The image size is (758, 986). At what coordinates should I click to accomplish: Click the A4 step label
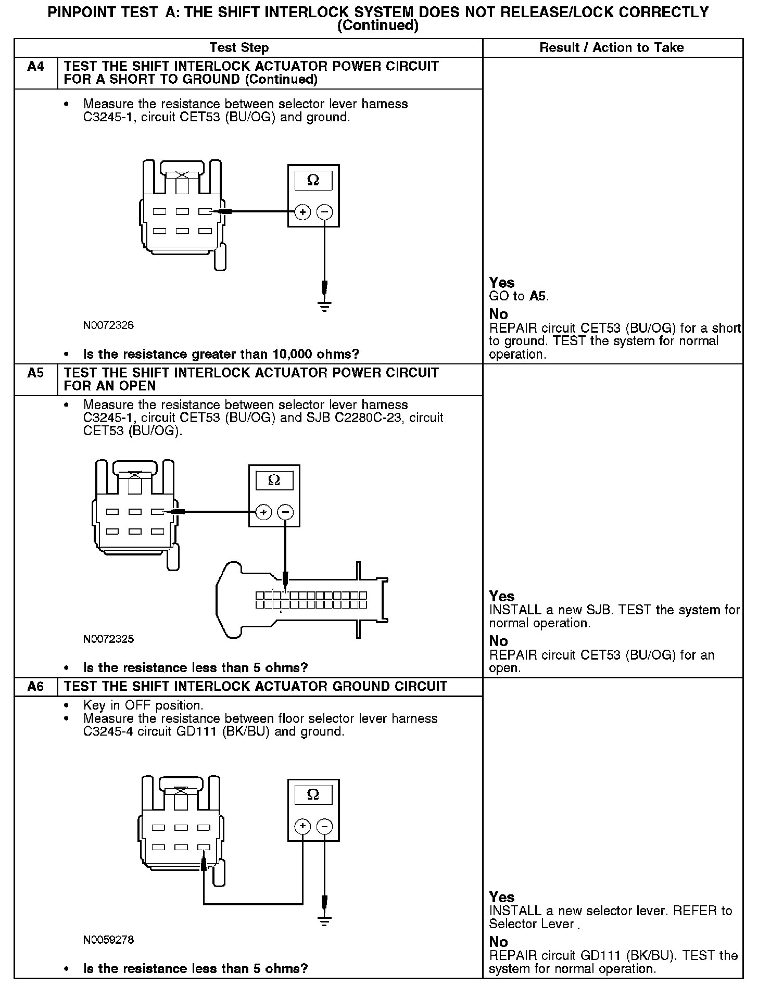pos(35,67)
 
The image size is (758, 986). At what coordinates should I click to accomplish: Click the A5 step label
pos(35,373)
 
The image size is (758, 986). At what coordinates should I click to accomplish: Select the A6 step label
pos(35,686)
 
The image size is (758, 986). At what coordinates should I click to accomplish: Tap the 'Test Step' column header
pos(239,48)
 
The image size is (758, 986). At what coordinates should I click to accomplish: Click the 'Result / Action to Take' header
pos(611,48)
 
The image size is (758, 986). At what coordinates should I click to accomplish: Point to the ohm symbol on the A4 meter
pos(313,181)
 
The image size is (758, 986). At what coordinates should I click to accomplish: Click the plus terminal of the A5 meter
pos(264,512)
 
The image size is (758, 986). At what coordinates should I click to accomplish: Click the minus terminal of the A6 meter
pos(324,826)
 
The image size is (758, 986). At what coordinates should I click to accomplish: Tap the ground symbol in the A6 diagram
pos(324,921)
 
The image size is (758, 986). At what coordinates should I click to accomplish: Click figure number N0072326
pos(108,325)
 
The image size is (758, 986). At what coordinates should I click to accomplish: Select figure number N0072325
pos(108,639)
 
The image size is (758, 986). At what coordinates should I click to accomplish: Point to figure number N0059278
pos(108,940)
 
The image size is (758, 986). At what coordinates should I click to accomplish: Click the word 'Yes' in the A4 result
pos(502,283)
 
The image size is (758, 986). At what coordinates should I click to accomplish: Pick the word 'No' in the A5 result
pos(498,641)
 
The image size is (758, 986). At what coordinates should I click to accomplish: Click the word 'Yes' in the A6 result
pos(502,897)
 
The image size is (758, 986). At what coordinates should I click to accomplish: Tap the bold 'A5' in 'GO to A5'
pos(538,297)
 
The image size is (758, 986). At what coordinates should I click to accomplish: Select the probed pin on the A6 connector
pos(204,848)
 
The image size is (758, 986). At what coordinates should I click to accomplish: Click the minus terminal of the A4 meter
pos(324,212)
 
